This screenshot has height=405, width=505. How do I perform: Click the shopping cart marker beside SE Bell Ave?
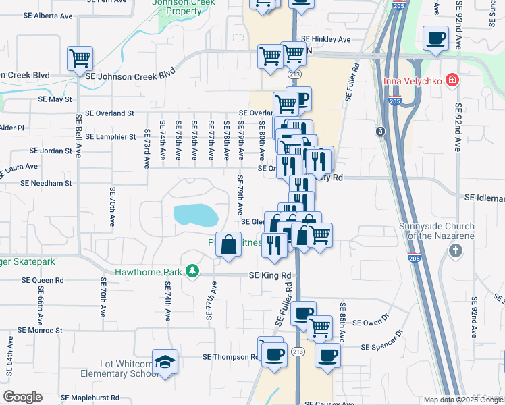point(80,59)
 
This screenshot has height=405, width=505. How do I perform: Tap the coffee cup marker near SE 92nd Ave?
point(435,38)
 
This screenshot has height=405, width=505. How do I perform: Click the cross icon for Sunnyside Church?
point(456,251)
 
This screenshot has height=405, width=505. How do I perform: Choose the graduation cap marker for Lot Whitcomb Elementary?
point(165,362)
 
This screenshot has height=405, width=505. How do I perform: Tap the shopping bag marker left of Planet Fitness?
point(229,244)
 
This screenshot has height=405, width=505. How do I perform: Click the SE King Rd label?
point(269,275)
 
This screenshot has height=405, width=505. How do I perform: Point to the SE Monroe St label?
point(40,331)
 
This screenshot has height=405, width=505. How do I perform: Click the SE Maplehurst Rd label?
point(90,398)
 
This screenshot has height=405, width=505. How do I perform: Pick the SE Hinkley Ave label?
point(326,39)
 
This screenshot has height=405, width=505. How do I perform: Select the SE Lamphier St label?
point(111,136)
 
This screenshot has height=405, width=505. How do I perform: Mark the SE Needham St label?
point(46,183)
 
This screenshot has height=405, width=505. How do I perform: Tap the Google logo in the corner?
point(22,397)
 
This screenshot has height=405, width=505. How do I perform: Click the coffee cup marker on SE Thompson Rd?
point(273,353)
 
